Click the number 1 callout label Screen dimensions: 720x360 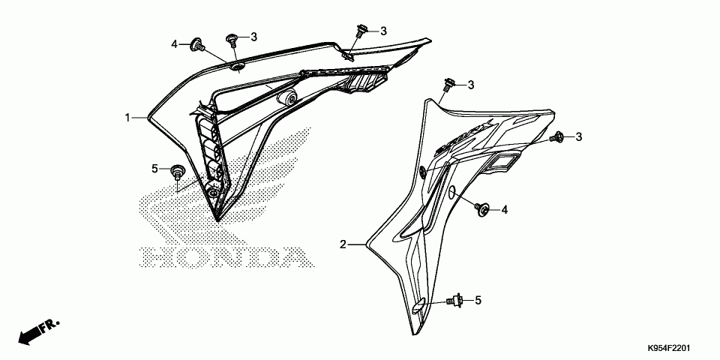point(128,118)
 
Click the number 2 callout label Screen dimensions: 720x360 point(343,244)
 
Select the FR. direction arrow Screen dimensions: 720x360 point(37,331)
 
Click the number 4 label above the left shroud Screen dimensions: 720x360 point(174,44)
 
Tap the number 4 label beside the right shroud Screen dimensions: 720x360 point(505,210)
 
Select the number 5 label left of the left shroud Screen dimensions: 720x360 point(155,168)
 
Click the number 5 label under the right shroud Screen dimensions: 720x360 point(478,301)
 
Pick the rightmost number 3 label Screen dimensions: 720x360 point(579,136)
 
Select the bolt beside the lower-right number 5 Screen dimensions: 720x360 point(453,301)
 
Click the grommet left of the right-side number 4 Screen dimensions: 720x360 point(482,209)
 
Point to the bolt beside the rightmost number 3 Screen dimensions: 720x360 point(557,137)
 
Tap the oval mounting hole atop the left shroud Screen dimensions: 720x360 point(237,68)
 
